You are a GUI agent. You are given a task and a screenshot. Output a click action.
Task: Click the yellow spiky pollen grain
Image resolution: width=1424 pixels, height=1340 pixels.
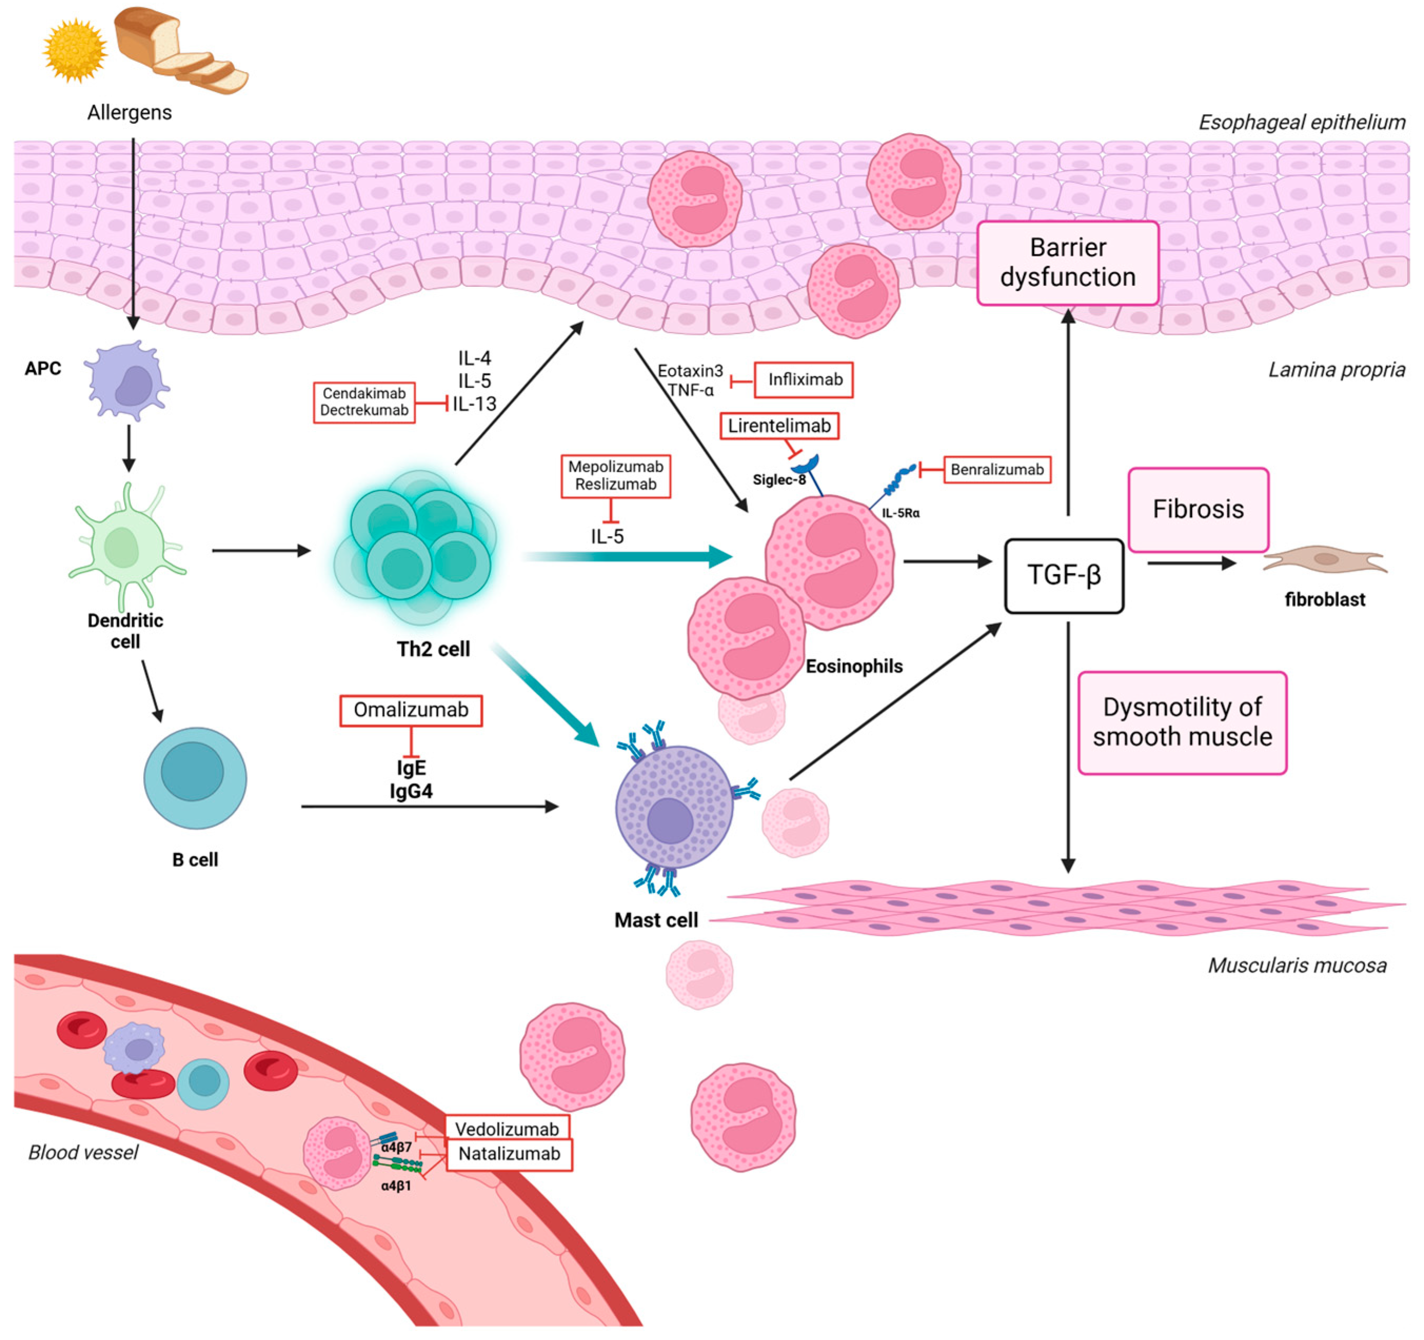click(75, 50)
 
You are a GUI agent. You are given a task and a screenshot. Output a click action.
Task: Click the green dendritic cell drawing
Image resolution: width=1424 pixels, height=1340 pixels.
click(125, 548)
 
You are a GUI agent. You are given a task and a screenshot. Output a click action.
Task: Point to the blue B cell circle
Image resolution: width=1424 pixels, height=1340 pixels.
click(195, 778)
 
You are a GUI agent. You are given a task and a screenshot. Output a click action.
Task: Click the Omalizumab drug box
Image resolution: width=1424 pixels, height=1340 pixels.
click(411, 710)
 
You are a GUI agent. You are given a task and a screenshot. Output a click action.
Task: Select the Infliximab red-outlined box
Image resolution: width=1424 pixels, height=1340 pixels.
click(804, 379)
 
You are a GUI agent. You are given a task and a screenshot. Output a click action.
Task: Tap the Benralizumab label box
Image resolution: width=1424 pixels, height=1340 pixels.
click(997, 470)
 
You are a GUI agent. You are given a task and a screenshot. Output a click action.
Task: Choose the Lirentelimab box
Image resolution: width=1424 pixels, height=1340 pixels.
click(779, 426)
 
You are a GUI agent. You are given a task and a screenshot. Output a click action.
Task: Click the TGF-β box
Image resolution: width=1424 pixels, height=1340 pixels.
click(1064, 576)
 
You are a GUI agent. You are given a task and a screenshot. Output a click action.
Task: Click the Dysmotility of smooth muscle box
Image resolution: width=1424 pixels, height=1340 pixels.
click(1182, 722)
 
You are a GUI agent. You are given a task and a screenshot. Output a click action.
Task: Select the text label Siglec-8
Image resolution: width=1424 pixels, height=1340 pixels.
click(778, 480)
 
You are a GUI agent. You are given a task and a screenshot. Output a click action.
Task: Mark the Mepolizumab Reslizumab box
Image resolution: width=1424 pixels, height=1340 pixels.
click(615, 475)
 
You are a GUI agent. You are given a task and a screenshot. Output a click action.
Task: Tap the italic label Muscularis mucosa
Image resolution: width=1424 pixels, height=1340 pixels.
click(1297, 965)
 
